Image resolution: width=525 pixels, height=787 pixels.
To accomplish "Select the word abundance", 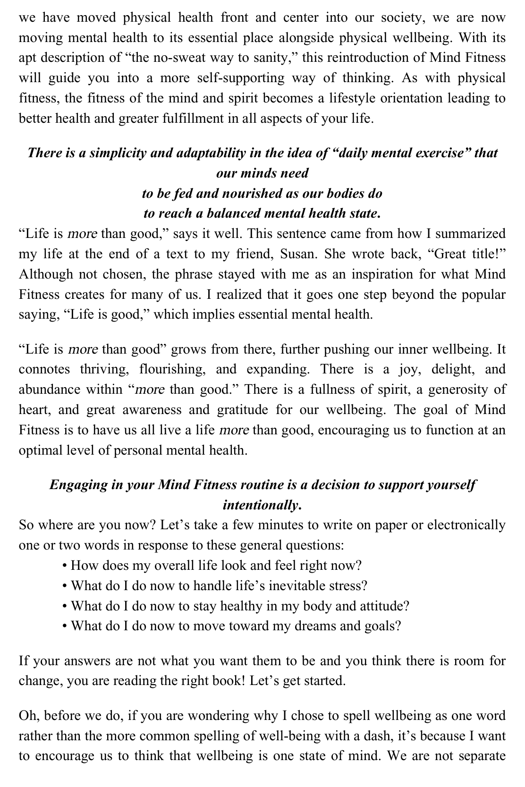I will coord(50,389).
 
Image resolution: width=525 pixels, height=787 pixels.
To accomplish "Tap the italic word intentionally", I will coord(262,506).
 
